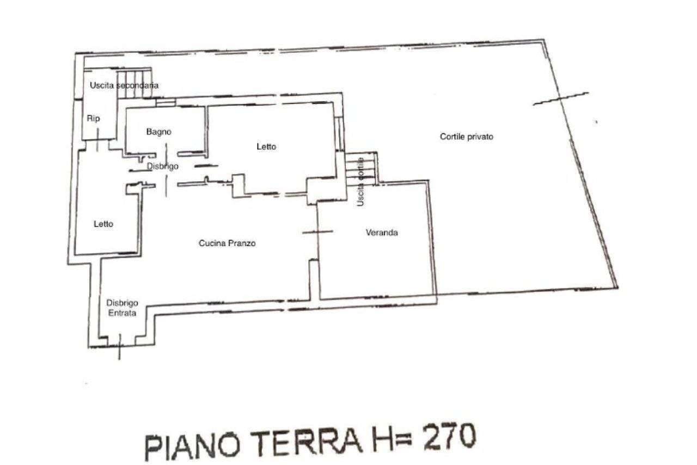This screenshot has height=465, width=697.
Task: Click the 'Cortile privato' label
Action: click(x=466, y=137)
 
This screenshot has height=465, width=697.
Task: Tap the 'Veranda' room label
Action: click(x=381, y=233)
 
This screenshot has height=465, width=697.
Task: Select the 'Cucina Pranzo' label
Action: click(x=227, y=243)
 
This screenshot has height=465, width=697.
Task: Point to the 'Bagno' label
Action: click(x=159, y=132)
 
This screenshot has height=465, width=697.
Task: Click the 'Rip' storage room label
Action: click(x=94, y=118)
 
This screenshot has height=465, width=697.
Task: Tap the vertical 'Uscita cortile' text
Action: click(x=360, y=182)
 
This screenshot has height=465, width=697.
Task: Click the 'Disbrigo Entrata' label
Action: click(x=121, y=308)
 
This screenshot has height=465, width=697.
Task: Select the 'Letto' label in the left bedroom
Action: click(x=103, y=224)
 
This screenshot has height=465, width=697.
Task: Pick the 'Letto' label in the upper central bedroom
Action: click(x=266, y=146)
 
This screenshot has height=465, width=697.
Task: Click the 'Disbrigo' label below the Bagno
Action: click(x=162, y=166)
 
